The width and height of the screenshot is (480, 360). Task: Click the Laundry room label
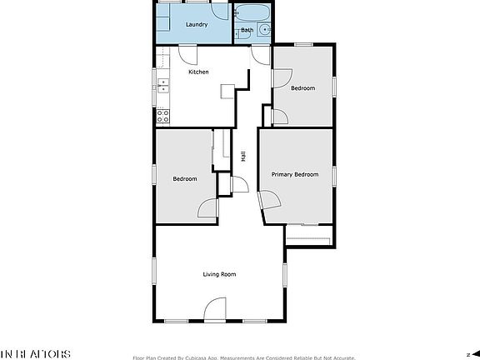tap(197, 25)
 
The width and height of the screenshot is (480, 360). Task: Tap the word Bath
tap(247, 31)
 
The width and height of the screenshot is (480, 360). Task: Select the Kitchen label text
tap(198, 72)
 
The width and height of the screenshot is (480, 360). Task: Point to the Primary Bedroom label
tap(295, 174)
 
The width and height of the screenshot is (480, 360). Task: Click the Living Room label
tap(220, 274)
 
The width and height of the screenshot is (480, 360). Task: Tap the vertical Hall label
tap(242, 156)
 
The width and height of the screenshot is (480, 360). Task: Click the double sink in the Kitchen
tap(163, 86)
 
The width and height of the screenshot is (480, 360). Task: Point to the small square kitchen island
tap(227, 91)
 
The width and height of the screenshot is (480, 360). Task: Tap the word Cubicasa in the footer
tap(202, 358)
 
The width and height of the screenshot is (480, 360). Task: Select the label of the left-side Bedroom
tap(185, 179)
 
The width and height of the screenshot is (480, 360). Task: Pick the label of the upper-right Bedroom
tap(302, 88)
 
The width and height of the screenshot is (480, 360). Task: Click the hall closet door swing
tap(237, 184)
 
